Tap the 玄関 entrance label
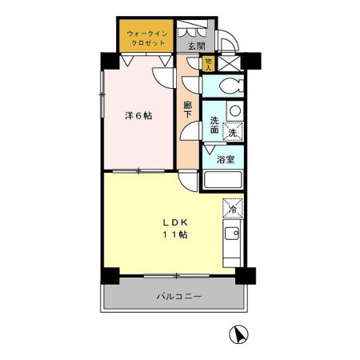195,47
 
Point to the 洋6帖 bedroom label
138,115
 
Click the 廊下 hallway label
188,110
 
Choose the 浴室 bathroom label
225,158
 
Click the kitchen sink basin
232,236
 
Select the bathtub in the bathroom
224,180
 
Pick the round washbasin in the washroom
234,111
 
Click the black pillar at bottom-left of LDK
109,274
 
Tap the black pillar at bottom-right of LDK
246,275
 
